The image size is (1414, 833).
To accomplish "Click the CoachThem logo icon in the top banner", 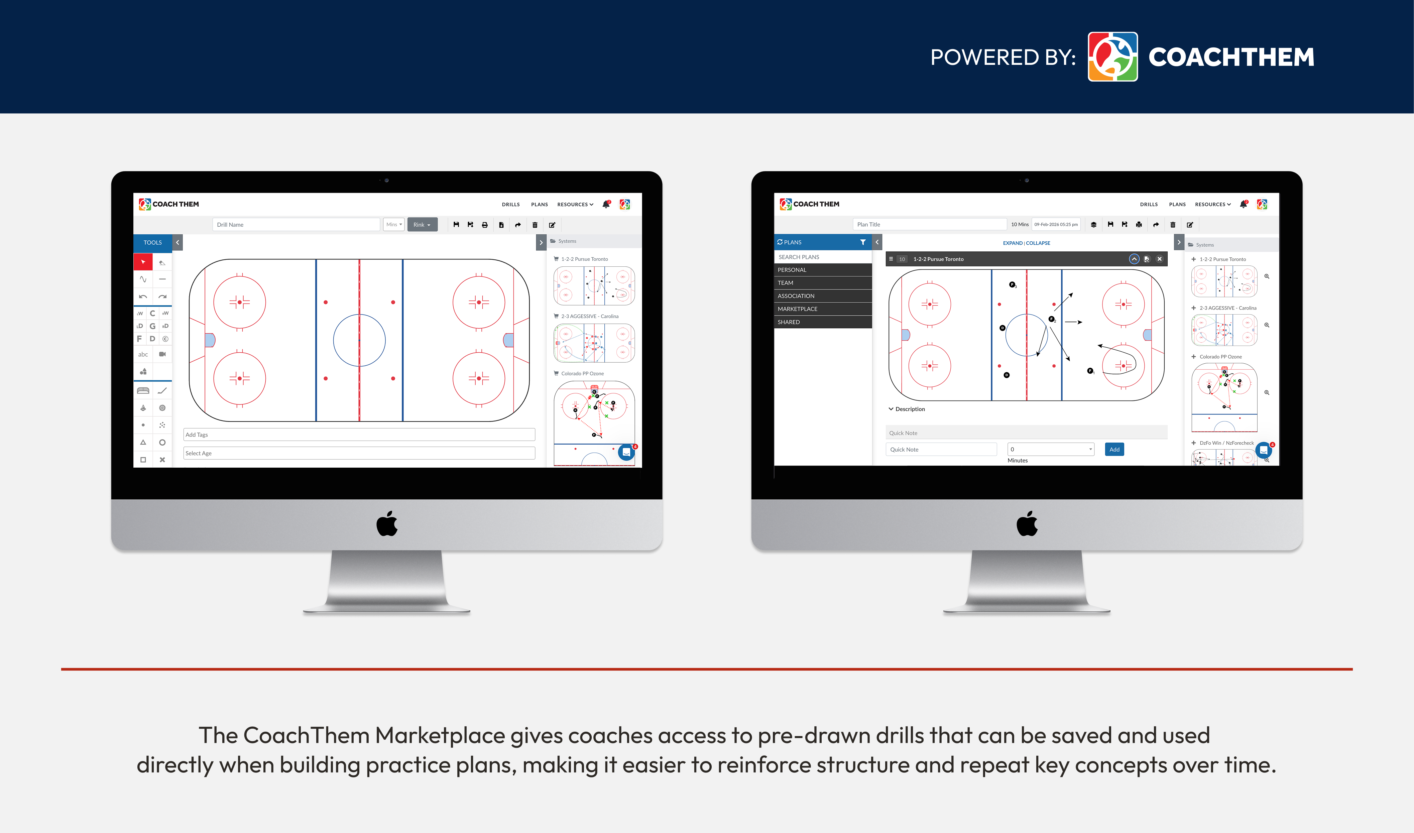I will click(x=1112, y=57).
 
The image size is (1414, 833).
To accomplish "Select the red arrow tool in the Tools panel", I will click(x=143, y=262).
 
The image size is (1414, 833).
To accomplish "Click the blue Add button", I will click(x=1114, y=449).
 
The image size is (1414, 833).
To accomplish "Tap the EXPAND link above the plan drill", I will click(x=1012, y=243).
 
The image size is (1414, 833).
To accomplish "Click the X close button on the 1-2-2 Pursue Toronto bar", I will click(x=1159, y=259).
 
